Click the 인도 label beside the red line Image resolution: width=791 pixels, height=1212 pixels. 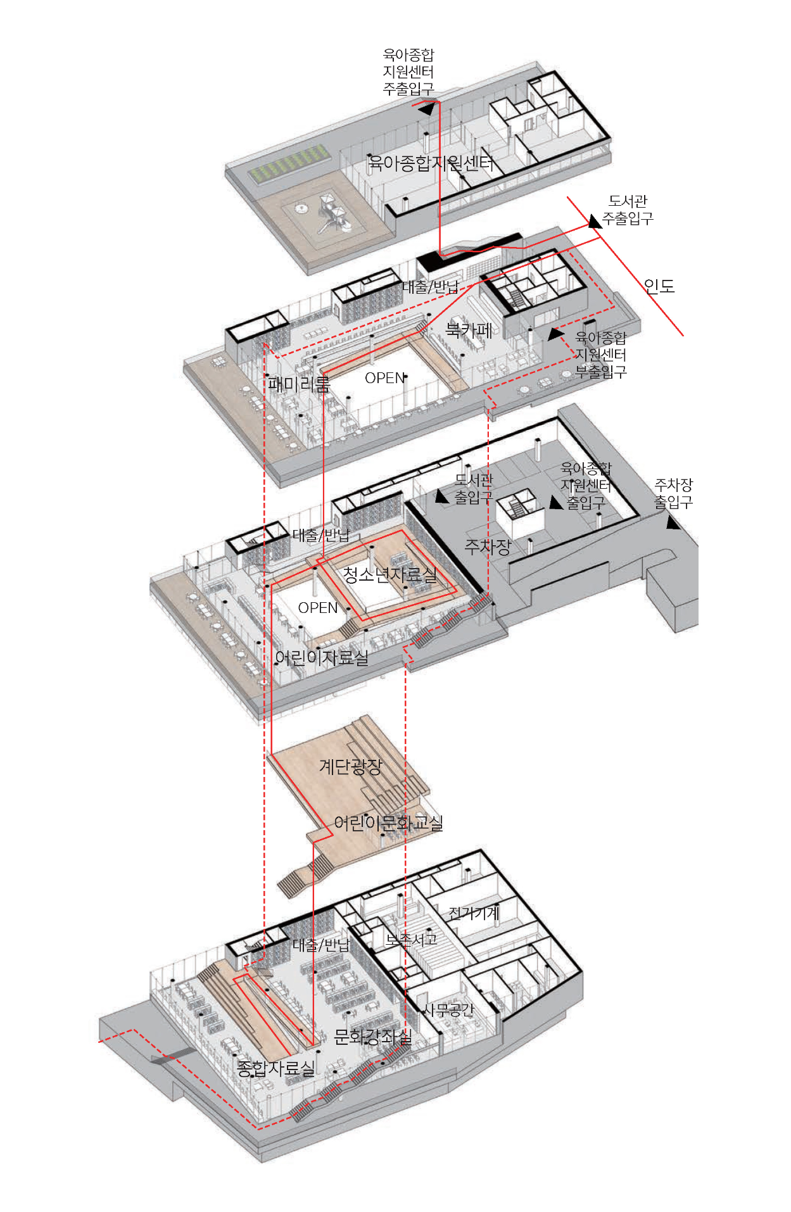click(659, 286)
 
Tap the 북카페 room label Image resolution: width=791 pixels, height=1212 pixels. click(469, 329)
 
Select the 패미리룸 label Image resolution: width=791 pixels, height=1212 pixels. click(299, 384)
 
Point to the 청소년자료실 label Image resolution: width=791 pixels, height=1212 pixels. click(390, 575)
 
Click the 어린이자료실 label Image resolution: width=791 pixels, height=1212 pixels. click(322, 658)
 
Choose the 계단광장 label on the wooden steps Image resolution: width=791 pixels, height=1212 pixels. click(351, 767)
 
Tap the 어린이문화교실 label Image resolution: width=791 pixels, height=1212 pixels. click(388, 823)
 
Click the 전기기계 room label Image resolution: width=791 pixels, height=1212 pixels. click(474, 912)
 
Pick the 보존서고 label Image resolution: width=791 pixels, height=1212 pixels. click(412, 940)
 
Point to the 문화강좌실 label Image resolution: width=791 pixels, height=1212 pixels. click(373, 1037)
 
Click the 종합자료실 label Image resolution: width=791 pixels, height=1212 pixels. click(276, 1069)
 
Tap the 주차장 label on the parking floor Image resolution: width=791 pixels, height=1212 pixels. click(488, 546)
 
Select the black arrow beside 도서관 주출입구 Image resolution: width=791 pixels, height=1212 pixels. click(595, 221)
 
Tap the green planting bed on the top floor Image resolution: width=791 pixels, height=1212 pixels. click(290, 162)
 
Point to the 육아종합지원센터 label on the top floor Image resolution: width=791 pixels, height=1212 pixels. click(431, 163)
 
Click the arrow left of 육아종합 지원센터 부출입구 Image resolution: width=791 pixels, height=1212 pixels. click(556, 334)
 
